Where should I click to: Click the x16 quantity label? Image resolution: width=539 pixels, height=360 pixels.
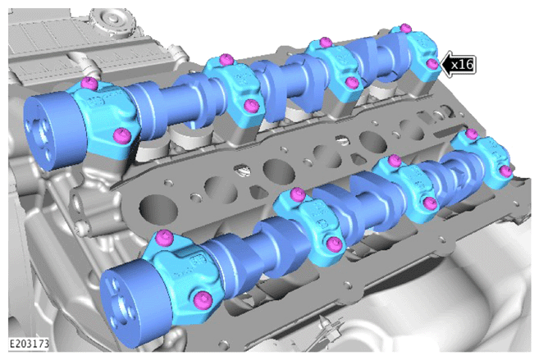coord(463,64)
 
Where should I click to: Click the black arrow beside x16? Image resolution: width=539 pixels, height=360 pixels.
coord(447,64)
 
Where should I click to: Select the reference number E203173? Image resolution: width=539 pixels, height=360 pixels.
coord(29,344)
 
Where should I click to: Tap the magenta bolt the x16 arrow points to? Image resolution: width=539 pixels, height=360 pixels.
coord(432,64)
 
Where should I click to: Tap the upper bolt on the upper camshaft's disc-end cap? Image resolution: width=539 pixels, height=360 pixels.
coord(89,83)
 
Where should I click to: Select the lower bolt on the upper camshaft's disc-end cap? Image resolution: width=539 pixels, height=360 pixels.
coord(122,135)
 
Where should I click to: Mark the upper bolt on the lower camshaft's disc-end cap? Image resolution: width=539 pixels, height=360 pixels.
coord(164,238)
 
